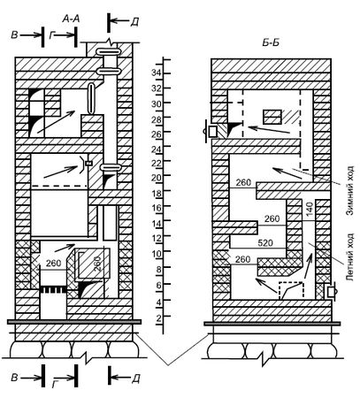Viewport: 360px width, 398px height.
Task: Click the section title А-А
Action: click(x=71, y=19)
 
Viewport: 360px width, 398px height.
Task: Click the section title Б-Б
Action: click(x=271, y=43)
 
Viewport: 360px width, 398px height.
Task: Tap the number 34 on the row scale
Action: click(x=157, y=73)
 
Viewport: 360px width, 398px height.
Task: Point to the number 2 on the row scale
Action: click(x=159, y=318)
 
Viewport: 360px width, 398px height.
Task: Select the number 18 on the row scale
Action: click(x=157, y=194)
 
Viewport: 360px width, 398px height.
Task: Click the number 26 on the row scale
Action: click(x=157, y=134)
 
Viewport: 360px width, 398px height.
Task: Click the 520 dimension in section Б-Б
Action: click(x=264, y=243)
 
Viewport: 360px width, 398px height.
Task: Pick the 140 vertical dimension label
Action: click(x=309, y=210)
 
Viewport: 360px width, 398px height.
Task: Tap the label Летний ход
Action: click(x=350, y=257)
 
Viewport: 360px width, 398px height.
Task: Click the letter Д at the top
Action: click(x=134, y=21)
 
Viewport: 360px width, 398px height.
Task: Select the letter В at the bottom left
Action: click(x=14, y=378)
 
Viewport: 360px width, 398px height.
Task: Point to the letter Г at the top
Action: click(x=52, y=35)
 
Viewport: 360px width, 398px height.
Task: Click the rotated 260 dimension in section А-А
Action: click(x=98, y=264)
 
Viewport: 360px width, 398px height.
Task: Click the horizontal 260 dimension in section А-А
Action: click(x=53, y=263)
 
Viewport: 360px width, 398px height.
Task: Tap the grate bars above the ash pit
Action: click(x=53, y=289)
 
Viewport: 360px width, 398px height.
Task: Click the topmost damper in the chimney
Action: click(x=108, y=52)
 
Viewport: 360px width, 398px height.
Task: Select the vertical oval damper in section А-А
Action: click(x=91, y=99)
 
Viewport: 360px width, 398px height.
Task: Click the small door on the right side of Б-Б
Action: click(x=331, y=292)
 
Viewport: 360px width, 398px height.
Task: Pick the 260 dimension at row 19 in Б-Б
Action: click(x=243, y=183)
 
